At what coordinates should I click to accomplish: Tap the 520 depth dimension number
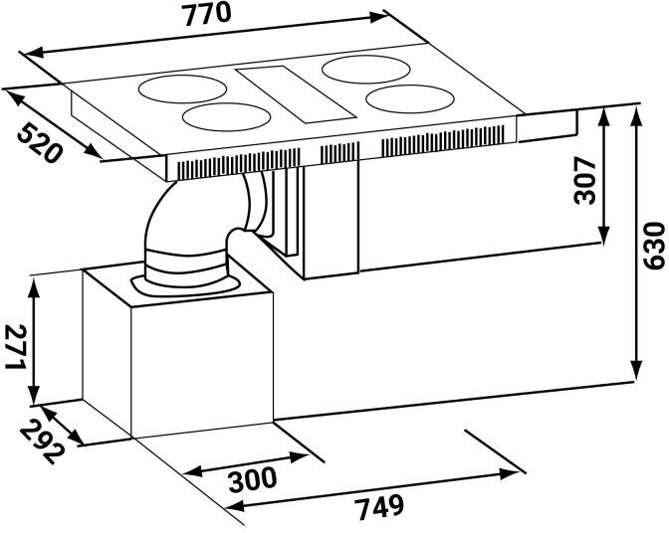40,142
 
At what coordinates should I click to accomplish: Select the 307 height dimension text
585,181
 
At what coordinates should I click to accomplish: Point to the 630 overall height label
654,246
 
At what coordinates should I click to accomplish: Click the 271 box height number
16,347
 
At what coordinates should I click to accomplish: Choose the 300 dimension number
252,479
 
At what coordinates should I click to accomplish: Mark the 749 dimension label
379,507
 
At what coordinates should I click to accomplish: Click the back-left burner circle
182,89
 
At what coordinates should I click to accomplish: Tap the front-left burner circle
227,117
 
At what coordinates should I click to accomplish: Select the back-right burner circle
366,70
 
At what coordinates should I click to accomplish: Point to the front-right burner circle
409,99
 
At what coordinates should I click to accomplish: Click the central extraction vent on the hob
296,94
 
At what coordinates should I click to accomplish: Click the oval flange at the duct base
184,285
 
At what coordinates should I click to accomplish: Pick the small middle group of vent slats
339,152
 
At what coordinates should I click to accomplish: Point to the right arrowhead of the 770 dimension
379,17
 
